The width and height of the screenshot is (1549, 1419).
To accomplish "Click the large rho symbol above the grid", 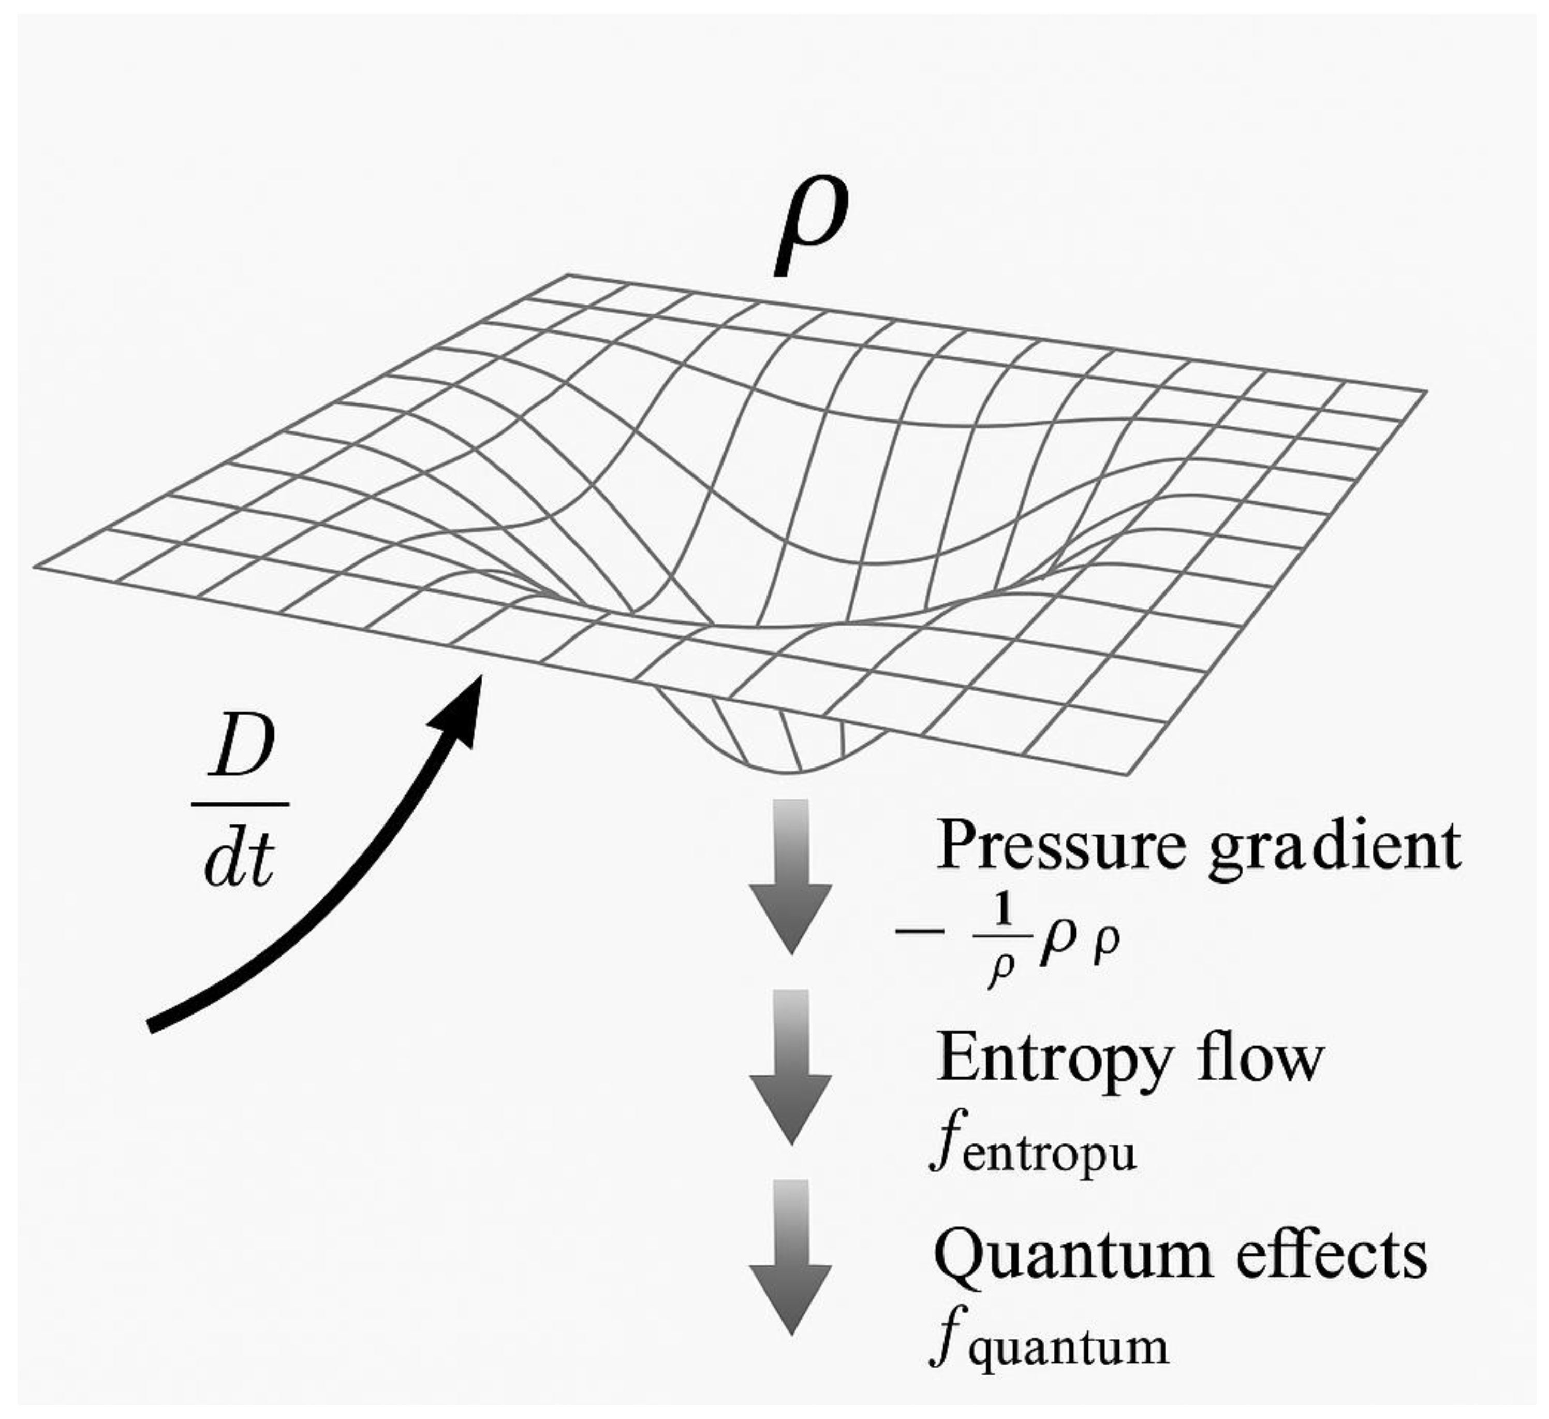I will [x=810, y=227].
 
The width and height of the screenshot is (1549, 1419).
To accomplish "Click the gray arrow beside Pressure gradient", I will [x=791, y=876].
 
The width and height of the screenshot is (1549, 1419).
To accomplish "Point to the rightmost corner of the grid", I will [x=1426, y=392].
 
